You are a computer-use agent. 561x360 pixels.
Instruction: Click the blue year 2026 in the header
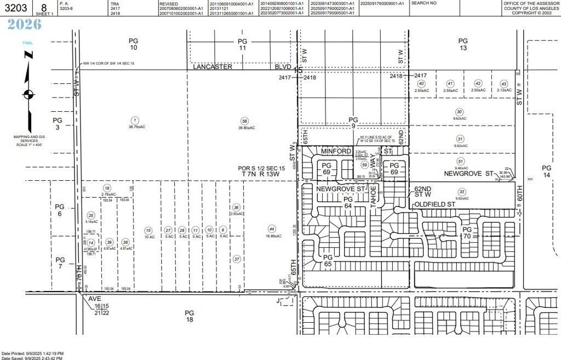pyautogui.click(x=25, y=24)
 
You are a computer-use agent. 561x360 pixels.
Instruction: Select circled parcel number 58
pyautogui.click(x=245, y=121)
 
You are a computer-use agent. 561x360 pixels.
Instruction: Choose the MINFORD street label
pyautogui.click(x=335, y=151)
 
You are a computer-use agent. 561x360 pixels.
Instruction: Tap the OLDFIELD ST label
pyautogui.click(x=435, y=204)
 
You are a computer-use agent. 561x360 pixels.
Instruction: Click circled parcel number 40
pyautogui.click(x=421, y=83)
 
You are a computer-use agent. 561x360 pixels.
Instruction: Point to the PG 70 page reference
pyautogui.click(x=467, y=233)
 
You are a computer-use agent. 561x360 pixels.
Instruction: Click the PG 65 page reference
pyautogui.click(x=328, y=260)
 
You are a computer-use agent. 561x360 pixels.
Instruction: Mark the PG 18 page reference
pyautogui.click(x=189, y=316)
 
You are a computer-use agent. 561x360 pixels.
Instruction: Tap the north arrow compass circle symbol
pyautogui.click(x=28, y=94)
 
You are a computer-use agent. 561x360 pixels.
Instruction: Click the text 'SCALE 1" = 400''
pyautogui.click(x=28, y=144)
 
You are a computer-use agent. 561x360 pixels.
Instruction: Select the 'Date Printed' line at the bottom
pyautogui.click(x=33, y=353)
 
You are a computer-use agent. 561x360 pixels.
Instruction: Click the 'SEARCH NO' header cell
pyautogui.click(x=424, y=3)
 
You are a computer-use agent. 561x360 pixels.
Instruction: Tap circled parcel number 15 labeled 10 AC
pyautogui.click(x=147, y=230)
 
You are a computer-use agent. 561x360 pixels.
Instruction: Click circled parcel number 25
pyautogui.click(x=91, y=215)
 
